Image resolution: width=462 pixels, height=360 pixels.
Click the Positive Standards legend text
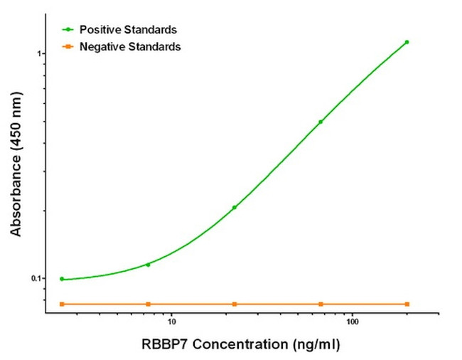tap(128, 30)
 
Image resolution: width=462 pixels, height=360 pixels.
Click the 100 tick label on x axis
tap(352, 321)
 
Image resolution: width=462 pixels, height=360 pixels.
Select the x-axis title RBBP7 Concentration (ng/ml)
tap(238, 345)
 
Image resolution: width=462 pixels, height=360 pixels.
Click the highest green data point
tap(407, 42)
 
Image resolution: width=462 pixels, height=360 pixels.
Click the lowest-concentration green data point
tap(62, 279)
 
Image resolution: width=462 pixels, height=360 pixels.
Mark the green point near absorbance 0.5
tap(321, 122)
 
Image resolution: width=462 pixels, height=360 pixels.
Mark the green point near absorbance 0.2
tap(235, 207)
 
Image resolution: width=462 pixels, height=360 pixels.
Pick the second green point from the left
tap(148, 265)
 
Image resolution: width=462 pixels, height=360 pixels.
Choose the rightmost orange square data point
tap(407, 304)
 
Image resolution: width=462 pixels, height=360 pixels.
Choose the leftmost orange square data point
tap(62, 304)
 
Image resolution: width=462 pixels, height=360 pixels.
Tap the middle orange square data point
tap(235, 304)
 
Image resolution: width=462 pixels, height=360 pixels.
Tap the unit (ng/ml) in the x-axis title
tap(315, 345)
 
